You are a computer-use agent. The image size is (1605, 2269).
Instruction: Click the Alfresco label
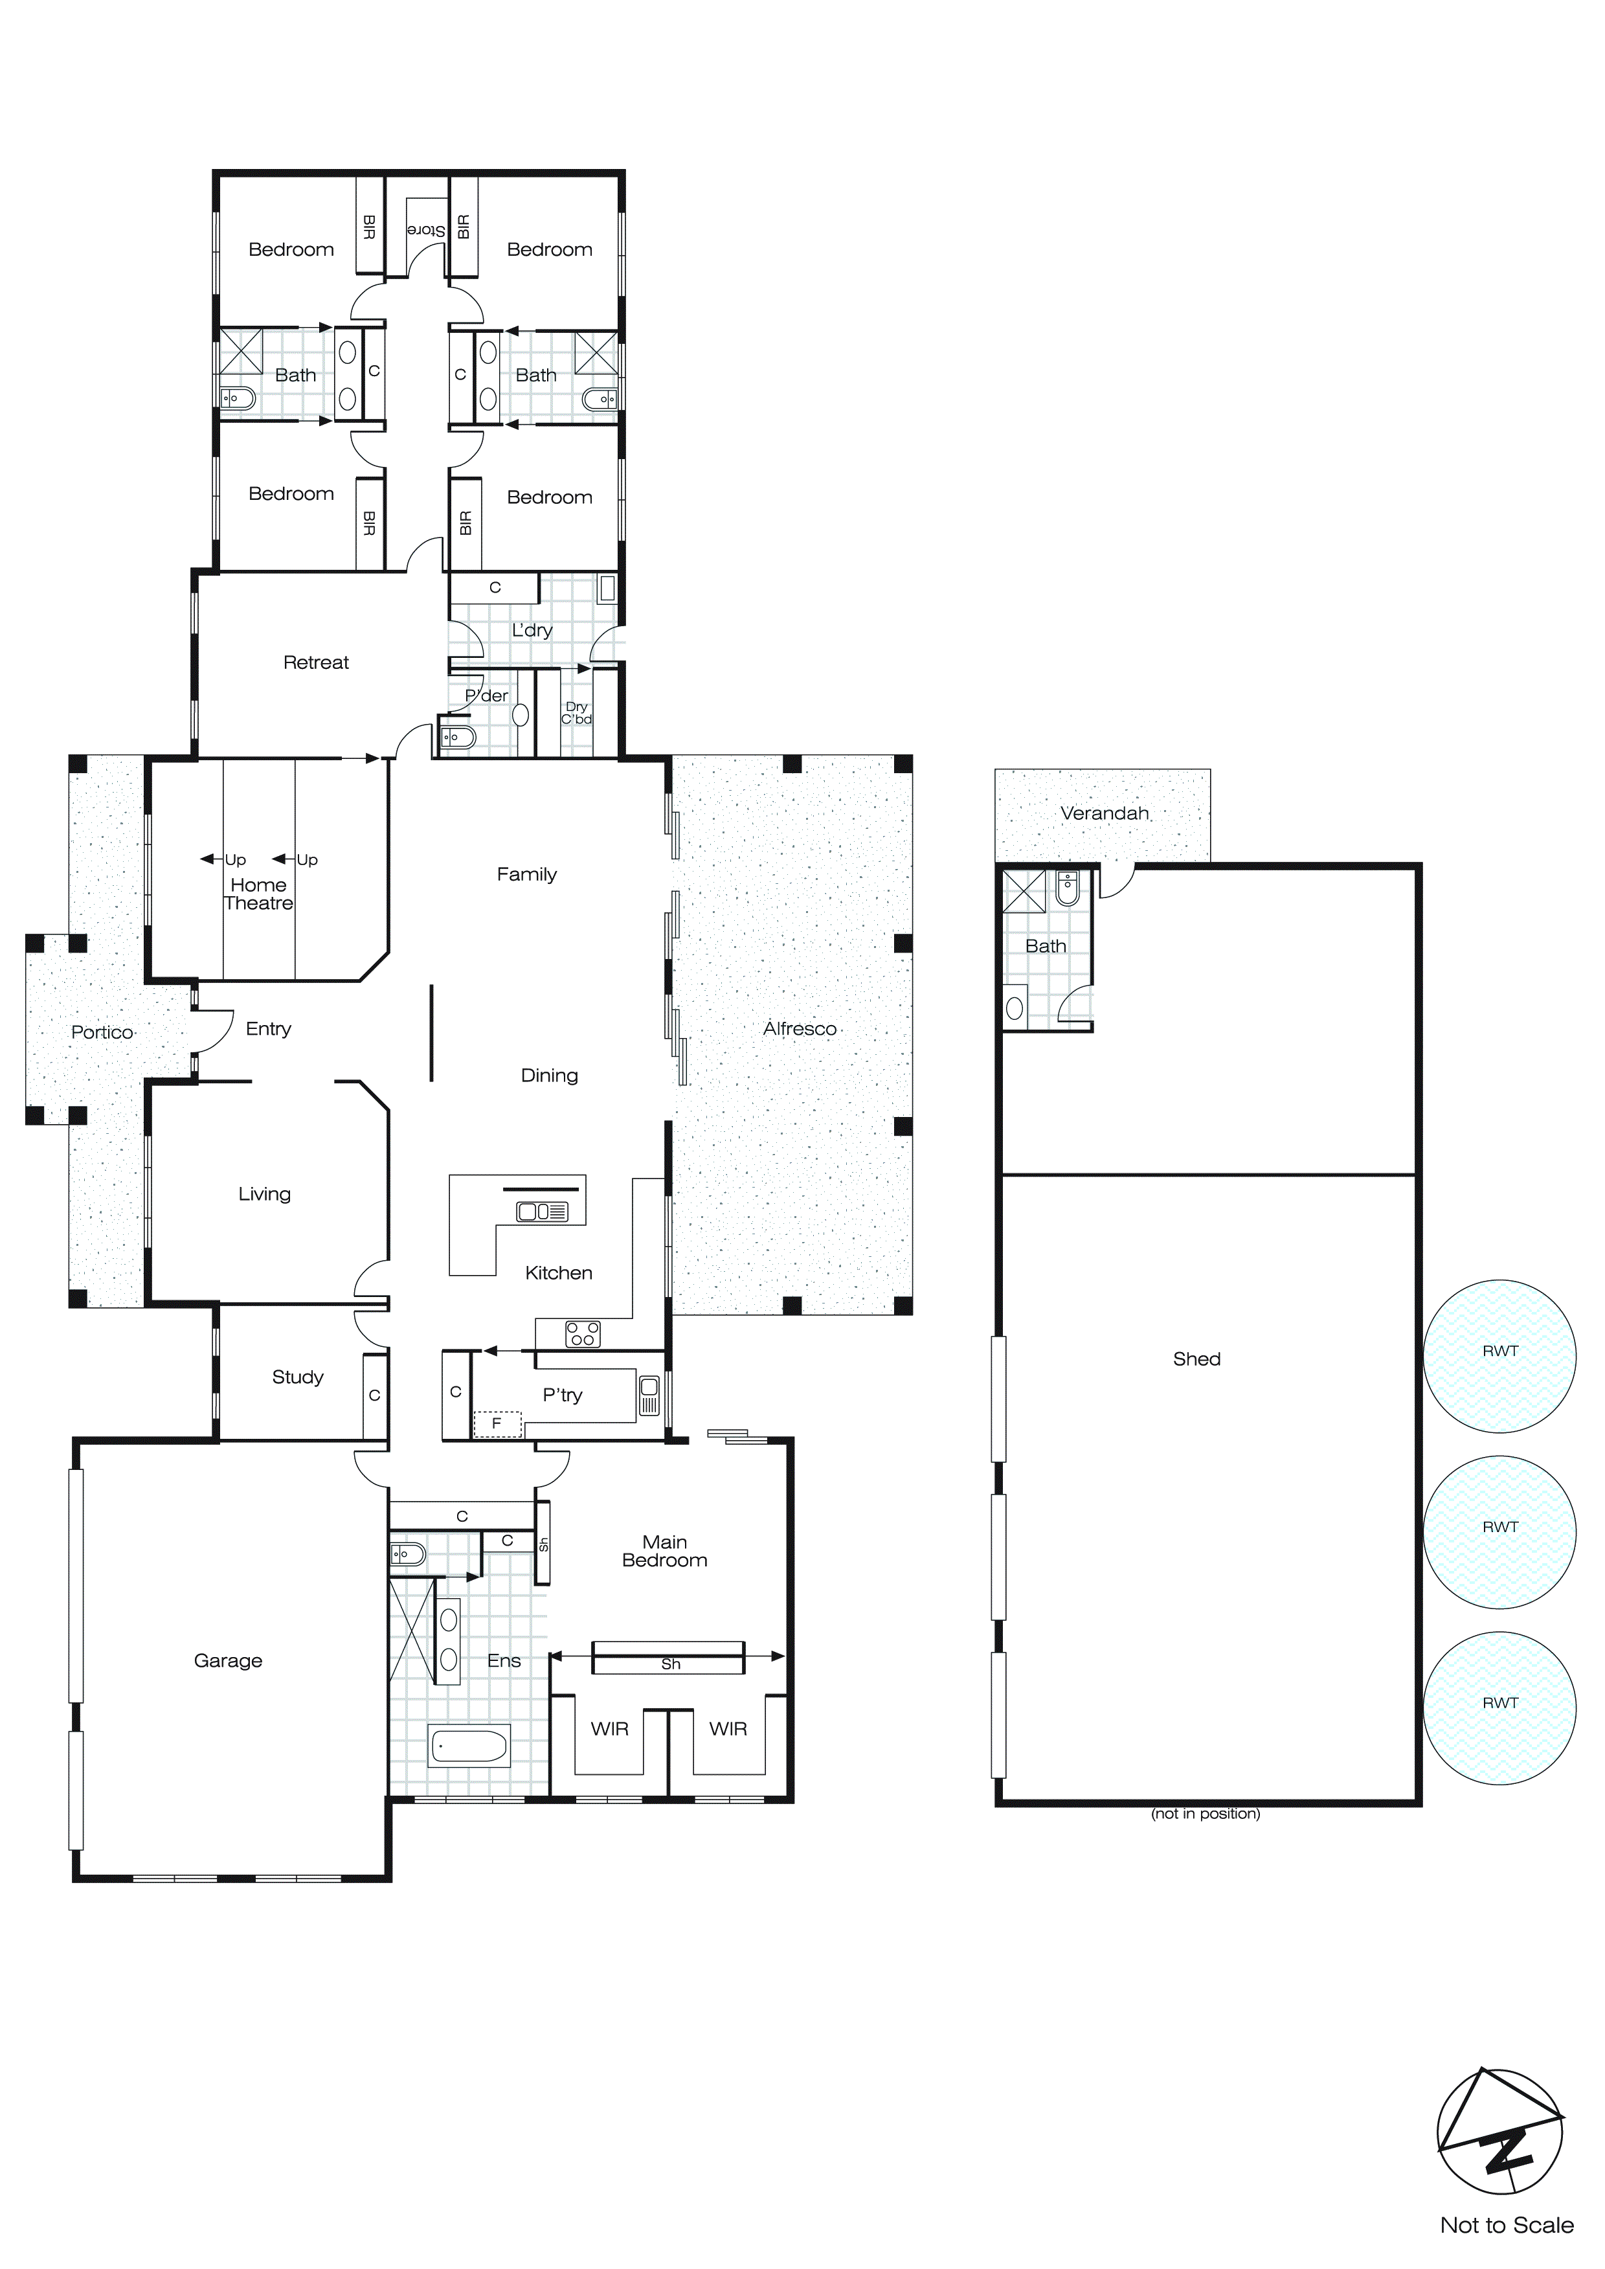(x=800, y=1029)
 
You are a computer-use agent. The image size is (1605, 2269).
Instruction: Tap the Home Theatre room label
(x=258, y=894)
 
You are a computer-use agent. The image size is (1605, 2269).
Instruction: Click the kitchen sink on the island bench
(x=542, y=1212)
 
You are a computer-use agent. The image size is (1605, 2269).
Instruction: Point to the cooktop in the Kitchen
(x=582, y=1334)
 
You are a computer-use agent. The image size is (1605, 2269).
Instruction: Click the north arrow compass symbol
(x=1499, y=2132)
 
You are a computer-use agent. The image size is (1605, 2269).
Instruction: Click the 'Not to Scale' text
(x=1506, y=2226)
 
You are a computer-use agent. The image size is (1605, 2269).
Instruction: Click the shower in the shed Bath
(x=1024, y=890)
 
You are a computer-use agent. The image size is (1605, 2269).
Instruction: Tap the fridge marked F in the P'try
(x=497, y=1423)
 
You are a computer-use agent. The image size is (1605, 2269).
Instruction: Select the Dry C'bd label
(x=576, y=712)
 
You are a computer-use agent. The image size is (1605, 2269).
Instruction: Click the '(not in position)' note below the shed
(x=1205, y=1813)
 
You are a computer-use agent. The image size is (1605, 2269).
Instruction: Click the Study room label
(x=297, y=1377)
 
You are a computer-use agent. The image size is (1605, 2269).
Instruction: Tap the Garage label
(x=229, y=1660)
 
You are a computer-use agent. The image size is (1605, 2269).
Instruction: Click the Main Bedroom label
(x=664, y=1551)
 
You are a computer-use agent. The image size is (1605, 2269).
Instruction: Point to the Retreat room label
(x=315, y=662)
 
